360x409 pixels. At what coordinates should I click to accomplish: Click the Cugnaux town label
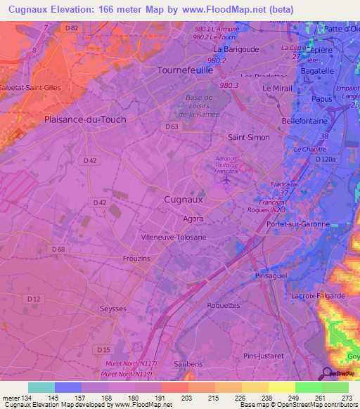[183, 200]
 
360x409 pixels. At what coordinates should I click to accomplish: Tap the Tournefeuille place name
[187, 71]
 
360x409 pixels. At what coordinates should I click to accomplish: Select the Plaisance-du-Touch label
[85, 119]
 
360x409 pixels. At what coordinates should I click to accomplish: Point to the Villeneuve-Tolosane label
[174, 238]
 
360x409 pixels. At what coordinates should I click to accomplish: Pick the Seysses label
[112, 310]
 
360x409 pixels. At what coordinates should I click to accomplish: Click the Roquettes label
[224, 306]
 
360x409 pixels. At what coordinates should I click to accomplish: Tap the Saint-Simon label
[249, 137]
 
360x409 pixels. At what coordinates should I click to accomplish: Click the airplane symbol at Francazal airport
[226, 181]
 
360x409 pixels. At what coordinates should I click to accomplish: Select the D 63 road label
[172, 126]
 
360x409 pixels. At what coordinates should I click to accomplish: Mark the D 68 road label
[58, 249]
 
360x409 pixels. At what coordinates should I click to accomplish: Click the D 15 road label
[104, 349]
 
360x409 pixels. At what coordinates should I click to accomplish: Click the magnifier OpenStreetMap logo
[327, 373]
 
